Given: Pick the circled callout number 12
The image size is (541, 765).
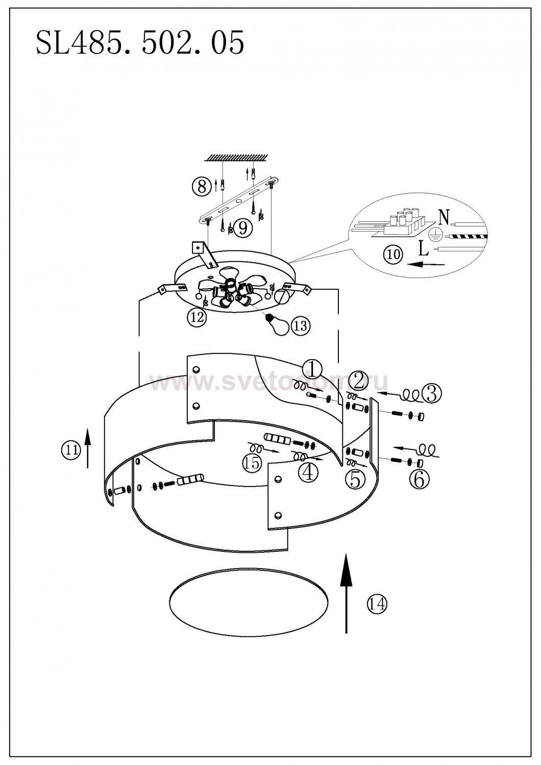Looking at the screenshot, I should pos(196,318).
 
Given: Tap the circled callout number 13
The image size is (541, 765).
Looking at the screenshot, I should pos(301,325).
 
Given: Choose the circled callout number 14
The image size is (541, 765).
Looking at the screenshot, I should pos(377,604).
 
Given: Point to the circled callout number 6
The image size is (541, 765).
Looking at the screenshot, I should pos(419,479).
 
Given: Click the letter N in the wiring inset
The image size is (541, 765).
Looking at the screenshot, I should pos(444,218).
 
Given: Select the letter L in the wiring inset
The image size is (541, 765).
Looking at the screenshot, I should pos(423,249).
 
